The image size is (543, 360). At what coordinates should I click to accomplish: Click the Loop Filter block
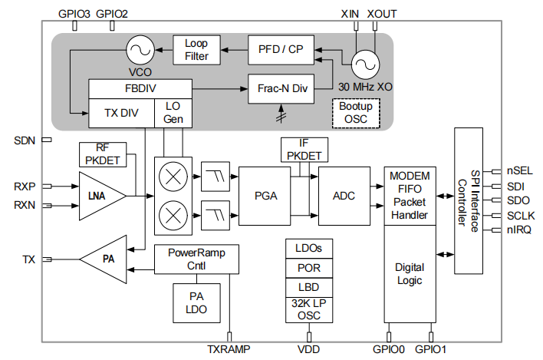pos(196,50)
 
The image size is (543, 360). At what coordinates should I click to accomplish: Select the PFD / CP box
pos(281,49)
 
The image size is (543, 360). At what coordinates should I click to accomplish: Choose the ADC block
pos(344,196)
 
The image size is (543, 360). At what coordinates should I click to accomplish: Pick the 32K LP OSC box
pos(309,309)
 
